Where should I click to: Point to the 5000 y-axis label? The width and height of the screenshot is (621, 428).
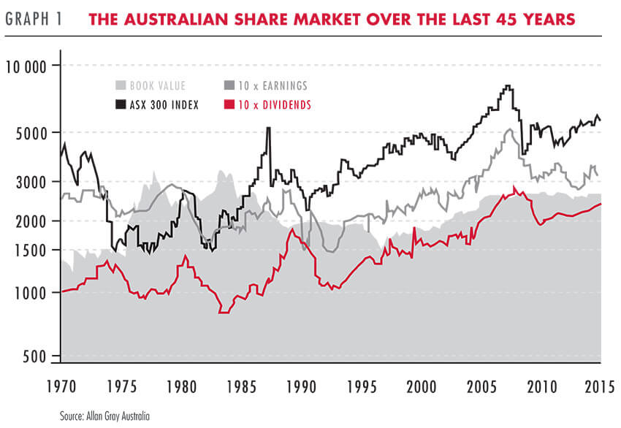(x=31, y=132)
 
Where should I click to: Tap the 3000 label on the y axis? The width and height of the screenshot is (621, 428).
(x=31, y=181)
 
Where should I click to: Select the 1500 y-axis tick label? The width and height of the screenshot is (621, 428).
(x=31, y=250)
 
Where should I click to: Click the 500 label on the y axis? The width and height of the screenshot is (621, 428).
(x=34, y=356)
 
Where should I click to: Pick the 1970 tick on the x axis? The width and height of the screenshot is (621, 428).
(x=61, y=386)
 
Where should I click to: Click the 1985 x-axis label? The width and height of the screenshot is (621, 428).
(x=241, y=386)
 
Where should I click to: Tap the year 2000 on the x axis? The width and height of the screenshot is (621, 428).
(x=422, y=386)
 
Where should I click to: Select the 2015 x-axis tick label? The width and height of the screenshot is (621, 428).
(x=601, y=386)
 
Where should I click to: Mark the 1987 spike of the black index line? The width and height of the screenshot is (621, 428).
(x=268, y=129)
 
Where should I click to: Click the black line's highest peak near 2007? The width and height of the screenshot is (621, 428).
(x=507, y=86)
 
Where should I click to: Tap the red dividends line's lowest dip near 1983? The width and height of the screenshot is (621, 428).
(x=223, y=312)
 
